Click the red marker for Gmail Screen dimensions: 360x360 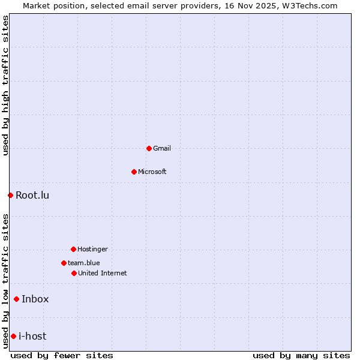click(x=149, y=148)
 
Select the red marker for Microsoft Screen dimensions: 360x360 click(x=134, y=172)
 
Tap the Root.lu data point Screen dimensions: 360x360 click(x=10, y=195)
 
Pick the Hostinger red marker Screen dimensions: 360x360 click(x=73, y=249)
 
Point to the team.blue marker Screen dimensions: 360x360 click(x=64, y=263)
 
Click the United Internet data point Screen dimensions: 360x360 click(x=74, y=273)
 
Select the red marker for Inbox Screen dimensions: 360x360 click(x=16, y=299)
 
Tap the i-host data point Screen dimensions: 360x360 click(x=13, y=336)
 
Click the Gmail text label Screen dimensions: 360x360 click(x=162, y=148)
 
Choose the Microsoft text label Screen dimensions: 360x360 click(x=152, y=172)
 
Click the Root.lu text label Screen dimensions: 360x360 click(x=32, y=195)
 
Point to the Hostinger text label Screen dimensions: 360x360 click(x=92, y=249)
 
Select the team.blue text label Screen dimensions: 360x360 click(x=84, y=263)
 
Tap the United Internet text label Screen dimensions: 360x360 click(x=103, y=273)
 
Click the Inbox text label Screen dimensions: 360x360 click(x=35, y=299)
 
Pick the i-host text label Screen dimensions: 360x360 click(x=32, y=336)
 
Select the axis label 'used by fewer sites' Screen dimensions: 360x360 click(x=62, y=355)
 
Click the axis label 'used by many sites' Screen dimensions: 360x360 click(x=301, y=355)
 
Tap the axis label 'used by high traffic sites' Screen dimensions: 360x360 click(x=5, y=85)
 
